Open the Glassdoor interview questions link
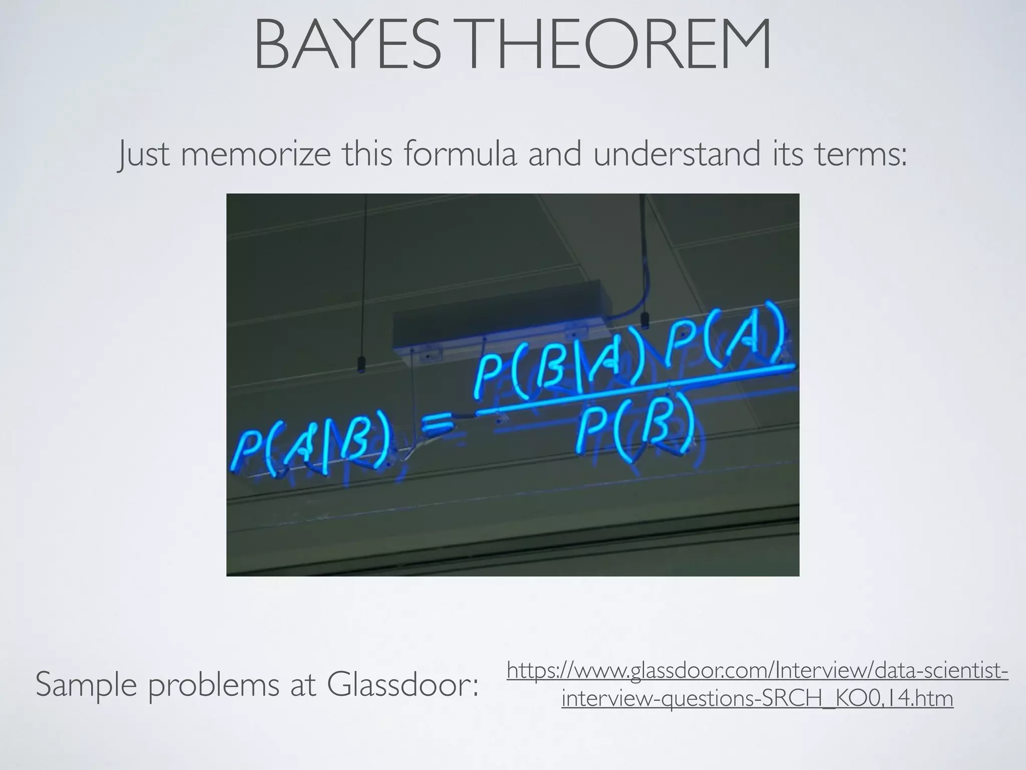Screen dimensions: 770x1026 pos(757,685)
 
